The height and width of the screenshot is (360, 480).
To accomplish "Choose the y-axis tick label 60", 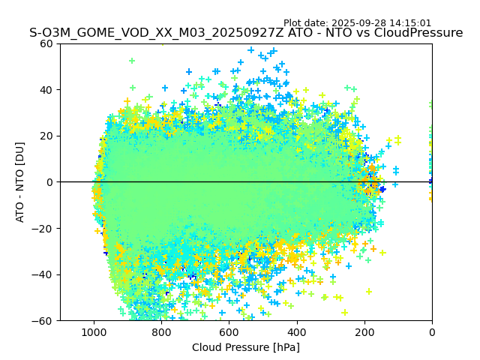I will (x=47, y=43).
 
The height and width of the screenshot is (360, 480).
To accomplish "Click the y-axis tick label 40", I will (x=47, y=90).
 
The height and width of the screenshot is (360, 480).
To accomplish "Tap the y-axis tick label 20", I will (x=47, y=136).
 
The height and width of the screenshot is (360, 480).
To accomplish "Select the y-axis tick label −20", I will (x=44, y=228).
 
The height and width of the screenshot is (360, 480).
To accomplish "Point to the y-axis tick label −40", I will (x=44, y=274).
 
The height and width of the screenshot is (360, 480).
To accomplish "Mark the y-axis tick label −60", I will (x=44, y=320).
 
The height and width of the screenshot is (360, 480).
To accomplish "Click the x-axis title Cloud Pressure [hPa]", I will (x=246, y=347).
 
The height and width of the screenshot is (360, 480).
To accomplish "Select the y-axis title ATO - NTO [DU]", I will (x=21, y=182).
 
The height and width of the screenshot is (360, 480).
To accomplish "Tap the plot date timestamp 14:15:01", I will (x=411, y=23).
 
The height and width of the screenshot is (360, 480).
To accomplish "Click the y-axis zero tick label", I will (x=50, y=182).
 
